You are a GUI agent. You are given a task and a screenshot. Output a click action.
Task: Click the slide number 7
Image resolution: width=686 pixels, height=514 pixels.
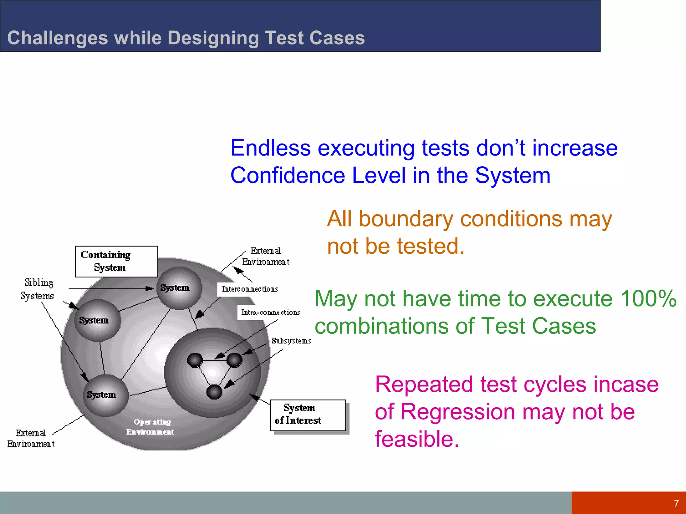click(676, 503)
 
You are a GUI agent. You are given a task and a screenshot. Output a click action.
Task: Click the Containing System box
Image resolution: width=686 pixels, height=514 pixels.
click(116, 261)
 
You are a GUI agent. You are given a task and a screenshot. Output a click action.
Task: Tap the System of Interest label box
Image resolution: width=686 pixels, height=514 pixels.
click(307, 415)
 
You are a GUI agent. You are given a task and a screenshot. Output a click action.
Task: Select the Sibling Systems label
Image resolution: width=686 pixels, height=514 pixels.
click(38, 289)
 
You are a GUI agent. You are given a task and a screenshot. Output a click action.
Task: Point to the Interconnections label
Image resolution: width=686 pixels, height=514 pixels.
click(250, 289)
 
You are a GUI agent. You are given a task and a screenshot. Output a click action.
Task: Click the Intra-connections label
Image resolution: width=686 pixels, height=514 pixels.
click(270, 312)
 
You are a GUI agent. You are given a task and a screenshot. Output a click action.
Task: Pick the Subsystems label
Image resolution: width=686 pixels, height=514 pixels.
click(291, 341)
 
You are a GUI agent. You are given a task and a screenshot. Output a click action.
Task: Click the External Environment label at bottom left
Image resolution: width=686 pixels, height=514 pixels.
click(31, 438)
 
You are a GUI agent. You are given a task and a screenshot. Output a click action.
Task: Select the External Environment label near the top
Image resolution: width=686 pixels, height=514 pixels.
click(266, 256)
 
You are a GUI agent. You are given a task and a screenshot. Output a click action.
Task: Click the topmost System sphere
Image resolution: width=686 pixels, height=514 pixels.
click(179, 288)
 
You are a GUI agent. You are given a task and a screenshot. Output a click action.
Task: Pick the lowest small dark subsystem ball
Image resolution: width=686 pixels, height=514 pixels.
click(214, 392)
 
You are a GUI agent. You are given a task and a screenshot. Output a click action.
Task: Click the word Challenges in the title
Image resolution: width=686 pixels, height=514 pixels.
click(58, 38)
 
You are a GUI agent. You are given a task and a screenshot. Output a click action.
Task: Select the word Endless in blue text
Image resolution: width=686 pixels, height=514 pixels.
click(271, 148)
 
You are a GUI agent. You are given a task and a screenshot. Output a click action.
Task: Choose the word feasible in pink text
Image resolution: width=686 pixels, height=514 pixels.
click(416, 439)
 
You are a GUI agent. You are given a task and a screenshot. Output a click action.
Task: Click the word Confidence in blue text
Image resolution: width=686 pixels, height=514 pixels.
click(287, 176)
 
